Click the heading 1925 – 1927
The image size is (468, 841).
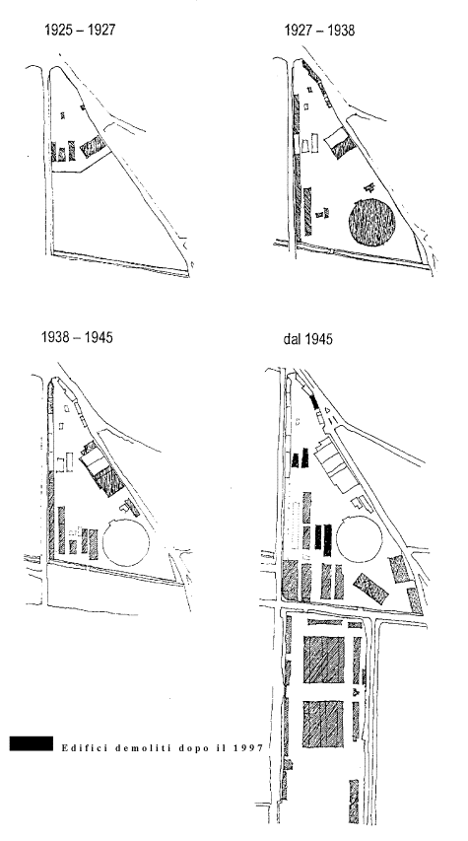(80, 30)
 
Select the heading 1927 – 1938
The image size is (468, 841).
(319, 30)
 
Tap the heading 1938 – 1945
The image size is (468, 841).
(77, 337)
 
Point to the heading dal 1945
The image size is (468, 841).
(307, 339)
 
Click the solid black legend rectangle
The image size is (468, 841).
(32, 742)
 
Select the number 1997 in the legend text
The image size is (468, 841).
(248, 747)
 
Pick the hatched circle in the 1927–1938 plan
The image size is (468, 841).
(372, 222)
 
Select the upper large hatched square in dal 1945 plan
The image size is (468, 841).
(324, 660)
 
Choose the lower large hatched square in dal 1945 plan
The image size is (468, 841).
(323, 724)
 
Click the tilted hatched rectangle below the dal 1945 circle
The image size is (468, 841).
(371, 589)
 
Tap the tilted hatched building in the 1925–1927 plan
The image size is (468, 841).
(94, 146)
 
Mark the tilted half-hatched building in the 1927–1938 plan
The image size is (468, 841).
(340, 143)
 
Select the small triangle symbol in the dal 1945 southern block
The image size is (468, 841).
(356, 692)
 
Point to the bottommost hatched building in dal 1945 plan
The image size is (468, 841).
(354, 801)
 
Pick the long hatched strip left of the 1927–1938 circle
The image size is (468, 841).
(307, 211)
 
